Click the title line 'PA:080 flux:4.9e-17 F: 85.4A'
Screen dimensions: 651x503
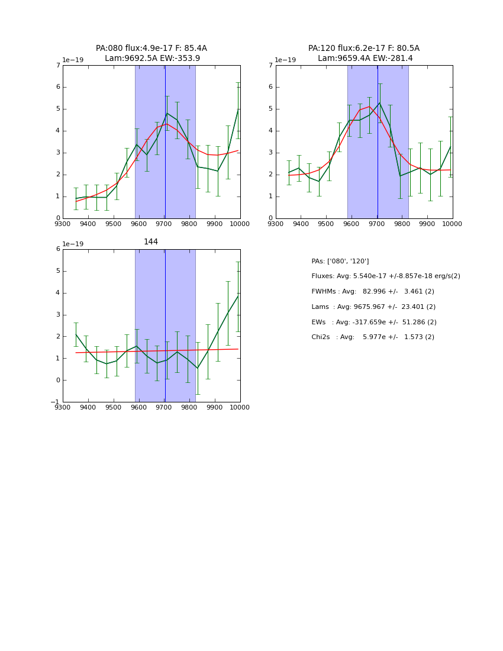(x=151, y=49)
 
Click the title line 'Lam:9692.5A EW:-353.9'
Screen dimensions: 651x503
(x=152, y=58)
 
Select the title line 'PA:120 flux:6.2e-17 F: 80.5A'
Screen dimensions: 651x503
(x=364, y=49)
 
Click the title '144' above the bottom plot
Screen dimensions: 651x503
(x=151, y=242)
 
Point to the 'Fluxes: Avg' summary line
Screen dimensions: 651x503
(x=385, y=276)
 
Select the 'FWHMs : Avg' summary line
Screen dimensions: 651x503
(x=372, y=292)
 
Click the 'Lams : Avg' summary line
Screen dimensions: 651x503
(x=373, y=307)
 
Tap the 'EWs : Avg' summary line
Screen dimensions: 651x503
(x=373, y=322)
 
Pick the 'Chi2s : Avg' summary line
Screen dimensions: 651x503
(x=372, y=337)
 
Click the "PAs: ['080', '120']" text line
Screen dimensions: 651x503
(x=340, y=261)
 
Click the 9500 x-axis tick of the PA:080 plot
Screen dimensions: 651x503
(x=113, y=224)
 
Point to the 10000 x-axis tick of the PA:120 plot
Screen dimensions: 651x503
(x=452, y=224)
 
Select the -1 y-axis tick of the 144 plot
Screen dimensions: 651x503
(x=56, y=402)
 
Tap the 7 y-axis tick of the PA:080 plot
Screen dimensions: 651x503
(x=57, y=66)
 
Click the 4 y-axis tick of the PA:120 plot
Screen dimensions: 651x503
(x=270, y=131)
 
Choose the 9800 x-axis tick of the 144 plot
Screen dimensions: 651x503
(x=189, y=408)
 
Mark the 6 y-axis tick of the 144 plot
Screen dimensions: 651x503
(x=57, y=249)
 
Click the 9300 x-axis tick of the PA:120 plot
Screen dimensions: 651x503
(x=276, y=224)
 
